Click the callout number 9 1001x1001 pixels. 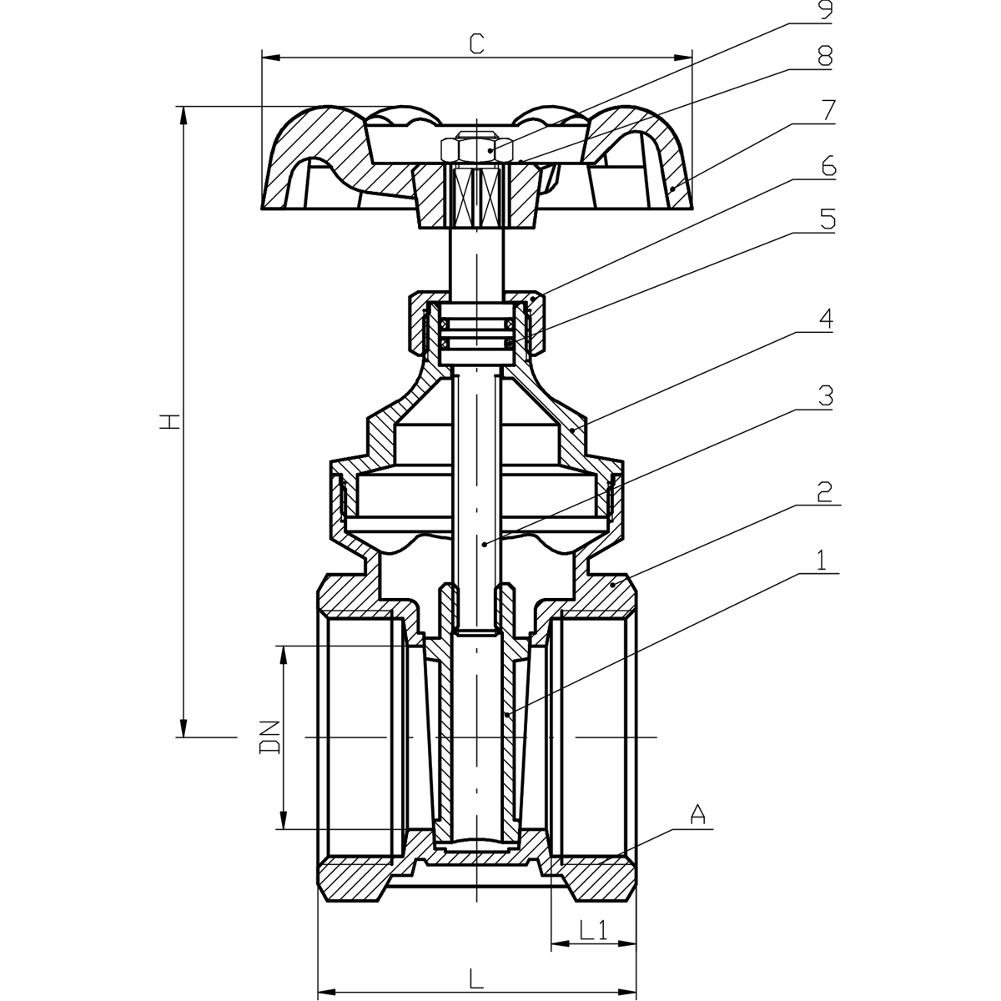coord(824,11)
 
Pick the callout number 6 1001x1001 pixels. coord(826,164)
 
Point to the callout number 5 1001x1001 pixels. coord(826,219)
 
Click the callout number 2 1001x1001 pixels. coord(824,491)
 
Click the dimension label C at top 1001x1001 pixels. coord(476,44)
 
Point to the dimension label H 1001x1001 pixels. coord(169,422)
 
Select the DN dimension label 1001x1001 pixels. coord(269,737)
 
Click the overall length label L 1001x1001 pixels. coord(476,977)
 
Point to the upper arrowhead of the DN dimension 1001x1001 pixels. coord(284,655)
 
